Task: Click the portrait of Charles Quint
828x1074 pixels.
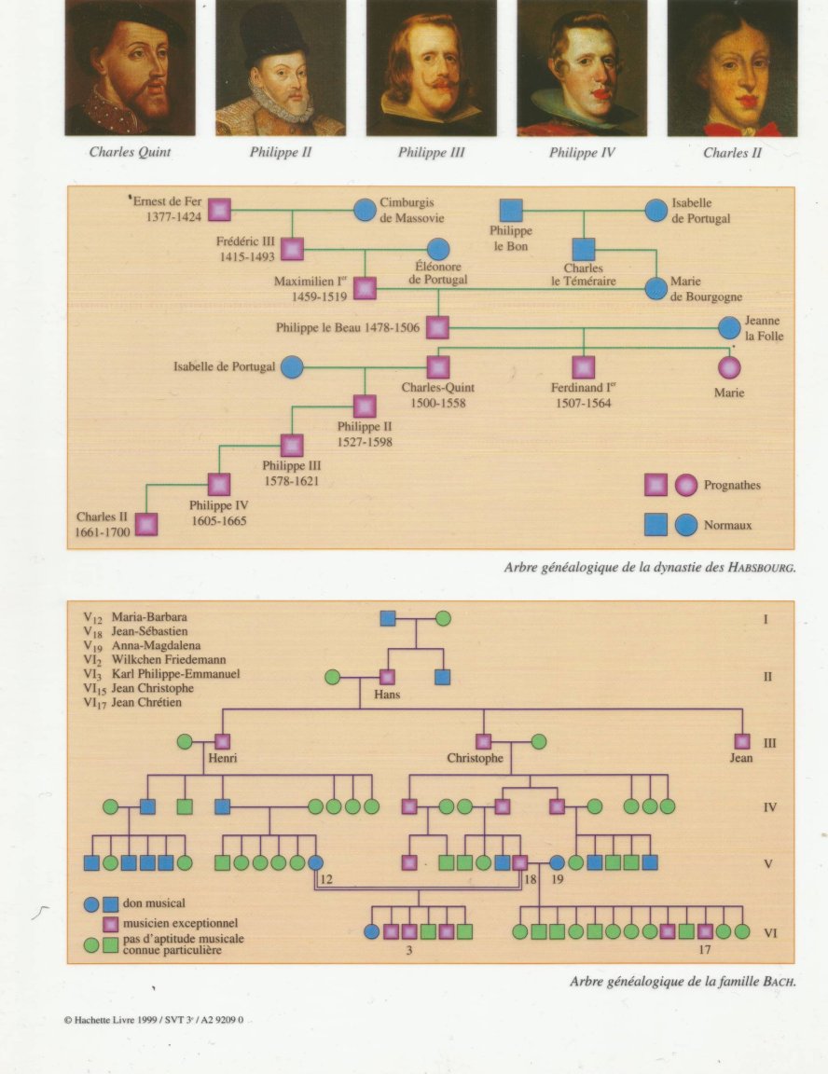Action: coord(131,68)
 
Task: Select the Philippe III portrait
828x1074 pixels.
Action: coord(432,68)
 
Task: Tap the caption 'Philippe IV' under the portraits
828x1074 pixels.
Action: coord(582,153)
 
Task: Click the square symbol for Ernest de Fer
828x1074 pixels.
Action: coord(219,210)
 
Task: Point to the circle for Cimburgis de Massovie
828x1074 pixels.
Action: coord(365,210)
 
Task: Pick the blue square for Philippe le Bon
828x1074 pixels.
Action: coord(511,211)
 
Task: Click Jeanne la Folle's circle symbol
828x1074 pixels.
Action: coord(729,328)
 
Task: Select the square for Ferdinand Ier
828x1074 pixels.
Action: coord(584,367)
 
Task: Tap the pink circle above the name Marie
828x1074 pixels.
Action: coord(729,368)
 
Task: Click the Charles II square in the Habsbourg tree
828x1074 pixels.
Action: coord(146,525)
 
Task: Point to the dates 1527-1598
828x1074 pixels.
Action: coord(365,442)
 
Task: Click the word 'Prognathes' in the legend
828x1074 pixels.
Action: coord(732,485)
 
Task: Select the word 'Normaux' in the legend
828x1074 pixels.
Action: coord(728,526)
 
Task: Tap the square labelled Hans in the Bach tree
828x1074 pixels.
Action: coord(387,678)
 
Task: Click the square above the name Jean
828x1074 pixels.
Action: coord(742,741)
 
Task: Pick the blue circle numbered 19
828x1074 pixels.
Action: coord(558,863)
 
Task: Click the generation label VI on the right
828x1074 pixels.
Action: coord(770,933)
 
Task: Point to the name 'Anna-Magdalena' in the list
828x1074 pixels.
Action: coord(156,645)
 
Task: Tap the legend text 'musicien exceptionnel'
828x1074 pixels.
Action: coord(181,923)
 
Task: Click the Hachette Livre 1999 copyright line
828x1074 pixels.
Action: coord(154,1020)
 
